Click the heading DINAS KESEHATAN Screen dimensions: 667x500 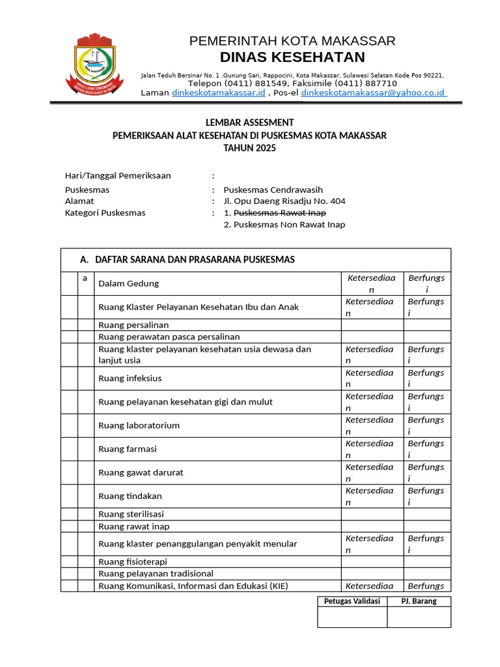pyautogui.click(x=292, y=57)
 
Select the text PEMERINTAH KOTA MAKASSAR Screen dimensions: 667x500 pyautogui.click(x=292, y=41)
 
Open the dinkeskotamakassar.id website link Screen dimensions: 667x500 pyautogui.click(x=219, y=93)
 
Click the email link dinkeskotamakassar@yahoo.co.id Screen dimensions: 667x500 pyautogui.click(x=373, y=93)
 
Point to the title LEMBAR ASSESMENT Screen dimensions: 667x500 pyautogui.click(x=249, y=122)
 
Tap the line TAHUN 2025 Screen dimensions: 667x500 pyautogui.click(x=249, y=148)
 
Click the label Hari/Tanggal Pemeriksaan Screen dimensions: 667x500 pyautogui.click(x=118, y=176)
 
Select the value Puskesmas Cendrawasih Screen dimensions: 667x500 pyautogui.click(x=273, y=190)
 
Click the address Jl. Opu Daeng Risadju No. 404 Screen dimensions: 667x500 pyautogui.click(x=285, y=201)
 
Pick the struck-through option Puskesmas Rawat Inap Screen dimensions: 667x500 pyautogui.click(x=279, y=213)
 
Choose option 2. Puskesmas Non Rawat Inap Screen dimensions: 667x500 pyautogui.click(x=284, y=225)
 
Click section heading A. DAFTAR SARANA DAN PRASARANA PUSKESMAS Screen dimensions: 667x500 pyautogui.click(x=187, y=259)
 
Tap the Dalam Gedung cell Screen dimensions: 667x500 pyautogui.click(x=128, y=283)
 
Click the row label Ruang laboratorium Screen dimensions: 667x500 pyautogui.click(x=139, y=425)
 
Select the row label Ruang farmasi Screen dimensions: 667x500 pyautogui.click(x=127, y=449)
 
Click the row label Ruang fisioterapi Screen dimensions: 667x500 pyautogui.click(x=133, y=561)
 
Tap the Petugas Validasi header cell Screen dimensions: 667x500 pyautogui.click(x=352, y=601)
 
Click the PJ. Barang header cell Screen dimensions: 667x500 pyautogui.click(x=419, y=601)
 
